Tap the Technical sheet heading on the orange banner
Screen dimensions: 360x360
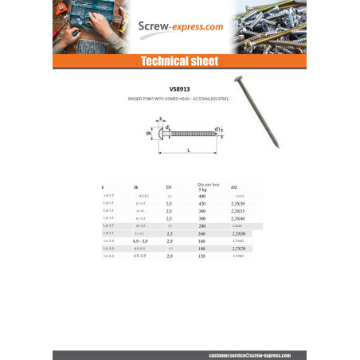point(180,61)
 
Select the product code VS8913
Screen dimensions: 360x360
point(181,89)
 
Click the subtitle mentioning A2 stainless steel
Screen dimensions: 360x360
point(180,100)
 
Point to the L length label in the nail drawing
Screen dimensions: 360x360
point(187,150)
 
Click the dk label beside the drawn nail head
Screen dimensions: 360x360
point(148,132)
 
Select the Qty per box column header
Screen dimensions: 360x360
point(208,186)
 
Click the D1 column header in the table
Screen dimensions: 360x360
point(169,186)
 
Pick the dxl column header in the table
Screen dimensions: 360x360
point(233,186)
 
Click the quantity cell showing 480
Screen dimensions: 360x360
point(202,196)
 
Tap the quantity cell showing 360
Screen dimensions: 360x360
point(202,211)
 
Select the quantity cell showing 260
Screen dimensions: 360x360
point(202,233)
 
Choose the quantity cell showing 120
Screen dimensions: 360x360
point(202,256)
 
